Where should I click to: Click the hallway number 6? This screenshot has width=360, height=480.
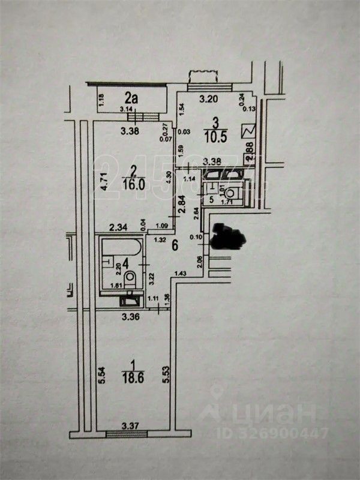pos(175,245)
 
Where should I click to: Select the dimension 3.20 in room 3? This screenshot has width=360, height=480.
pos(208,98)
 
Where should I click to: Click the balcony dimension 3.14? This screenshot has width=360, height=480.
pos(126,109)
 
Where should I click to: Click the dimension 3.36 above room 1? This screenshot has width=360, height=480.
pos(130,317)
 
